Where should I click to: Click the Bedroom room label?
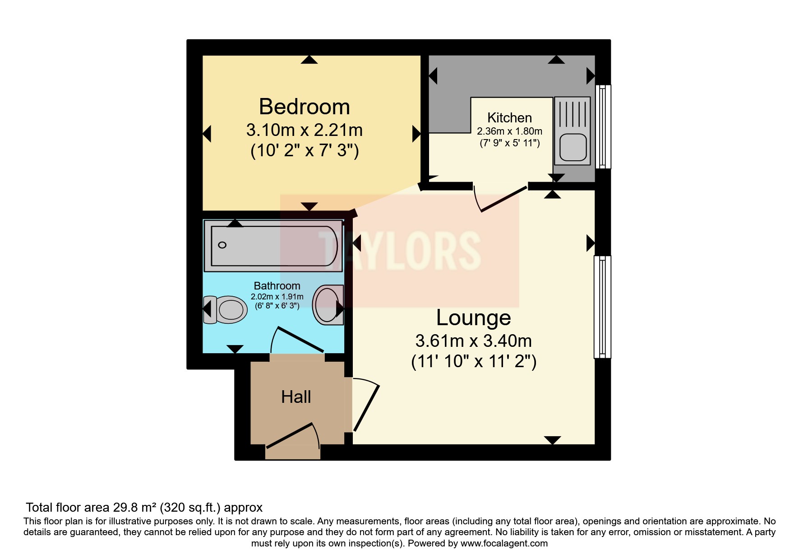(x=305, y=107)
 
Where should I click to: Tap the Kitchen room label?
(x=509, y=118)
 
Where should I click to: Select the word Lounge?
(x=473, y=317)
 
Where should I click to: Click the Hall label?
(x=296, y=397)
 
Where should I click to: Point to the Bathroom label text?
(x=277, y=286)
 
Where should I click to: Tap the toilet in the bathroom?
(x=226, y=310)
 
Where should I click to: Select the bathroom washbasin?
(x=328, y=304)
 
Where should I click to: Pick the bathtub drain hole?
(x=222, y=245)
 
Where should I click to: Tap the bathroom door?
(x=298, y=339)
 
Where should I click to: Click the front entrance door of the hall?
(x=291, y=435)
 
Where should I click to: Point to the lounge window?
(x=602, y=307)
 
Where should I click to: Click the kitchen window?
(x=603, y=126)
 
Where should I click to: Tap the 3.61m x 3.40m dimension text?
(x=473, y=341)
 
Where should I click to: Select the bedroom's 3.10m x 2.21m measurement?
(x=305, y=131)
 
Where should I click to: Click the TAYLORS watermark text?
(x=399, y=251)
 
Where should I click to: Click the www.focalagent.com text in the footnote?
(x=504, y=543)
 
